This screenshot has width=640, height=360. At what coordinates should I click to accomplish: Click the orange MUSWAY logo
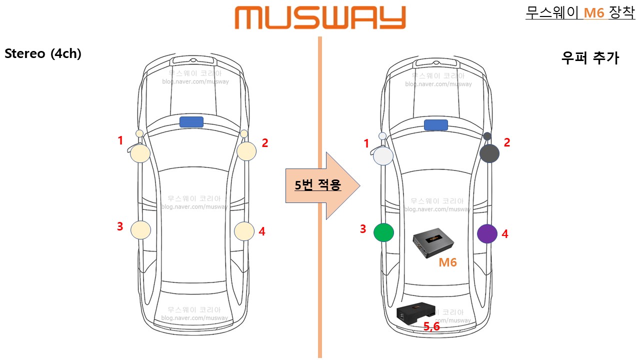point(320,18)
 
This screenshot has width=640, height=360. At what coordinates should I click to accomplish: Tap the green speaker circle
point(383,232)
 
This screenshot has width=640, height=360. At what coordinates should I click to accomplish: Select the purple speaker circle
point(487,233)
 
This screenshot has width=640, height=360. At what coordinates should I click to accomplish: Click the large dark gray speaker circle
point(489,153)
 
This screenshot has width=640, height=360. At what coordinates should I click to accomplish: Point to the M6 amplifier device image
point(433,242)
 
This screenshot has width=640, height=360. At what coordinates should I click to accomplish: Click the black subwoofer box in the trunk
point(415,313)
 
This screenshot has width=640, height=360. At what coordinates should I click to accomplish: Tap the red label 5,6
point(431,326)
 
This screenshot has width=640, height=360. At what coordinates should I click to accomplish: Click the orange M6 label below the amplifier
point(447,262)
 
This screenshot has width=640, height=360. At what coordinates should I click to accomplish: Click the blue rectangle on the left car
point(191,122)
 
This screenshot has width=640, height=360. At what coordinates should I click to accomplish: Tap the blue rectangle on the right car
point(435,125)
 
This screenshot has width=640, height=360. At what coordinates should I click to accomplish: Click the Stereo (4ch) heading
point(42,54)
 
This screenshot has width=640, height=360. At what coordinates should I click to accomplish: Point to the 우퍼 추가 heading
point(590,58)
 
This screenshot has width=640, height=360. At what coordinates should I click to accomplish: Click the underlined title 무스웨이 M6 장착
point(580,12)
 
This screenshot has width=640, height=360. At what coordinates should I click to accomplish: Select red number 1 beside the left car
point(120,141)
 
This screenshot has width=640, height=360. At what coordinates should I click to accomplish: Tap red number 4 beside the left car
point(262,231)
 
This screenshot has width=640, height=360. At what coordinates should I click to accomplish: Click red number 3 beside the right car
point(363,229)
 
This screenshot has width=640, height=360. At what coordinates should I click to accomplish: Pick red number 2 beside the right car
point(507,142)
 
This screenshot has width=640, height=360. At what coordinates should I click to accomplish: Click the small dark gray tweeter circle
point(487,136)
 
